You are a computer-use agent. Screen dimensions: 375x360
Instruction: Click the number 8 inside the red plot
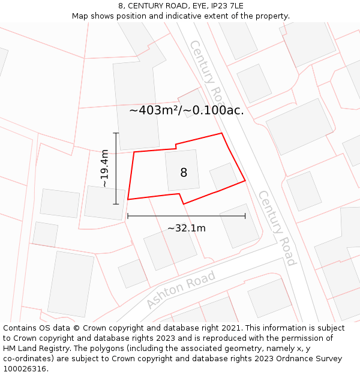click(184, 173)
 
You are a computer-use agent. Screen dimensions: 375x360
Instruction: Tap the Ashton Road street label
click(181, 290)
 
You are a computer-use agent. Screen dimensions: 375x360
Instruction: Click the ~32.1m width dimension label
click(186, 228)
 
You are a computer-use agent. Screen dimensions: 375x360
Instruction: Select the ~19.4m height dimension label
click(105, 169)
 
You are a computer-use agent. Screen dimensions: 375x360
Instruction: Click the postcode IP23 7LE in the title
click(223, 6)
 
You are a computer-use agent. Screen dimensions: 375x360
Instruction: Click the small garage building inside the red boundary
click(223, 176)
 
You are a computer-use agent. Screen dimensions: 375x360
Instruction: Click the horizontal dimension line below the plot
click(186, 216)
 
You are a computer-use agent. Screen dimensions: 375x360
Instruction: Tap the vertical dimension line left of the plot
click(116, 169)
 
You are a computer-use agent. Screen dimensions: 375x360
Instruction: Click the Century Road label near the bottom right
click(277, 228)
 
